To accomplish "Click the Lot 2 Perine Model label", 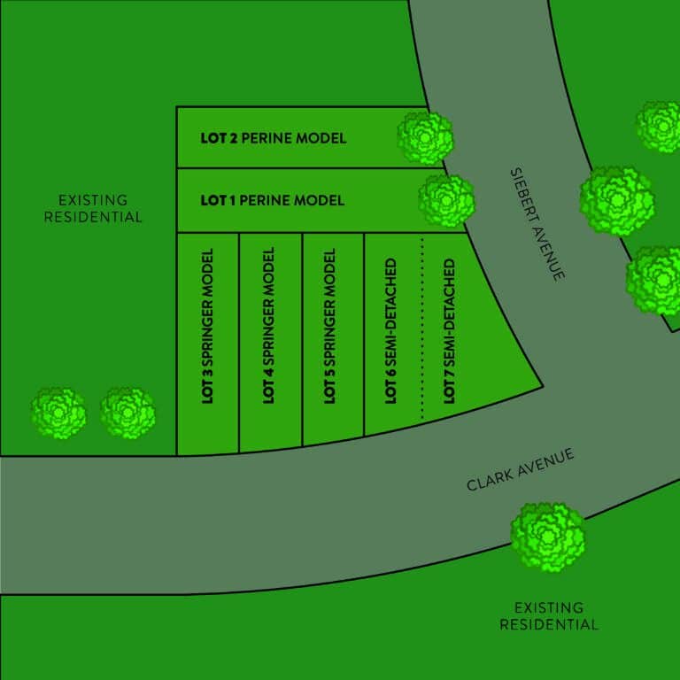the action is click(x=274, y=138).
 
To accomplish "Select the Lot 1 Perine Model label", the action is click(x=273, y=200).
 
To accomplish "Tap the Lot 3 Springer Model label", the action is click(x=208, y=326).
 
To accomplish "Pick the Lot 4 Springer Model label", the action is click(x=269, y=326).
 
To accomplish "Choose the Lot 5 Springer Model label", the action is click(x=330, y=326).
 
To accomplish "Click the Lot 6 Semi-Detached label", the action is click(x=390, y=331).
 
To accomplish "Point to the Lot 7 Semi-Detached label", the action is click(x=449, y=331).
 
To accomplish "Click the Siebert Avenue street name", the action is click(x=537, y=225).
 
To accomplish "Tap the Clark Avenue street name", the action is click(x=521, y=469).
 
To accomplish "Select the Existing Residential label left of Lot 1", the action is click(x=93, y=209).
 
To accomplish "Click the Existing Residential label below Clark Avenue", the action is click(x=549, y=616).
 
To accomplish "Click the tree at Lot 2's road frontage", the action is click(x=425, y=138).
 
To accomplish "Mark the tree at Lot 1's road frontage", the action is click(x=446, y=201).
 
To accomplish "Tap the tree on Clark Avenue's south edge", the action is click(x=548, y=537).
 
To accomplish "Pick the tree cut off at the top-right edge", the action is click(x=659, y=127).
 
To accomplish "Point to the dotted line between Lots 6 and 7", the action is click(x=422, y=328).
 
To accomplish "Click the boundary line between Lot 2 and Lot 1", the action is click(x=311, y=168).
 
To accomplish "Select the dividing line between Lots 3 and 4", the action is click(x=239, y=343).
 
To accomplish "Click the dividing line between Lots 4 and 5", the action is click(x=302, y=340).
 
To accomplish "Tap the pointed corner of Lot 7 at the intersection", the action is click(x=543, y=386).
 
